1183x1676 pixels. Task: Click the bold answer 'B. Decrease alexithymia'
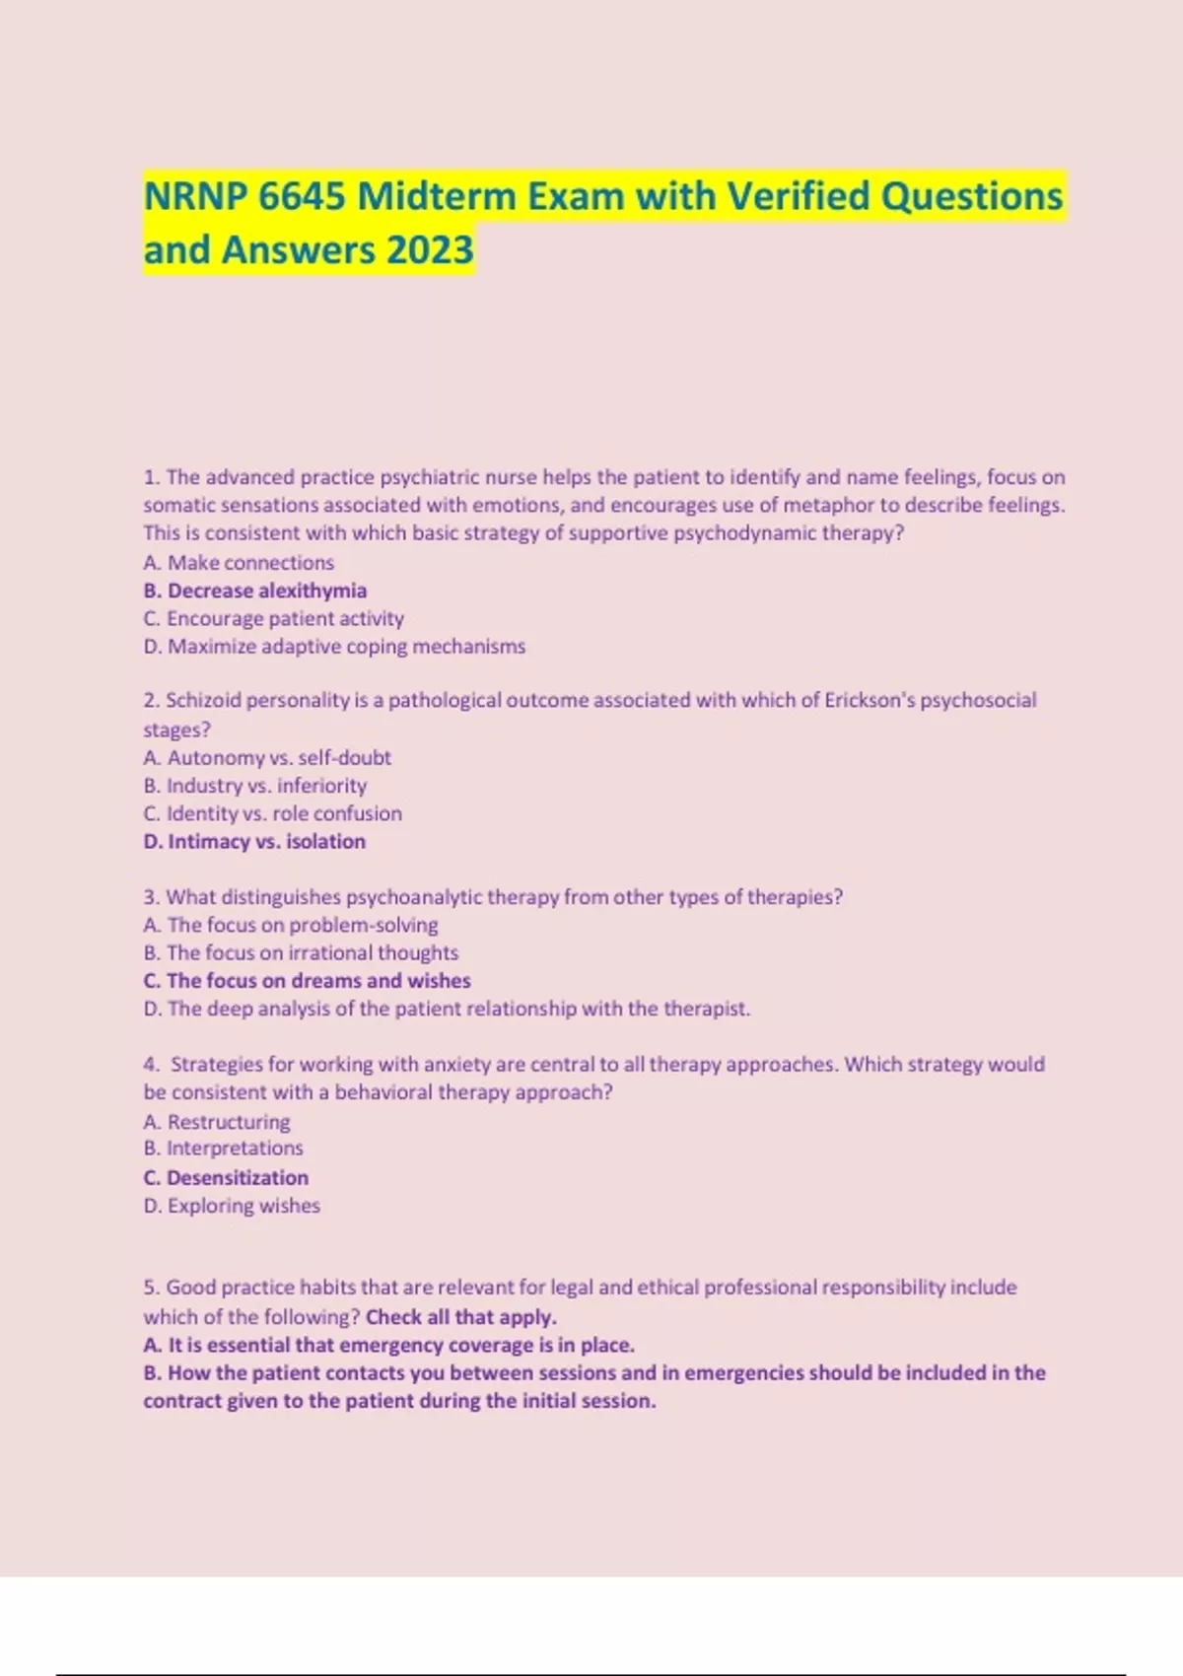pyautogui.click(x=254, y=591)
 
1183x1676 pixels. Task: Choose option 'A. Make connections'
pyautogui.click(x=239, y=563)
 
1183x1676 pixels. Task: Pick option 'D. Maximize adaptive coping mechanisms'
pyautogui.click(x=334, y=647)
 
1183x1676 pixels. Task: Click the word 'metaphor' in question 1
pyautogui.click(x=827, y=505)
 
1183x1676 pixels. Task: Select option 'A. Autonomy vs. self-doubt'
pyautogui.click(x=267, y=757)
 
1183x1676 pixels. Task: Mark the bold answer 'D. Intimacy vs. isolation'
pyautogui.click(x=254, y=841)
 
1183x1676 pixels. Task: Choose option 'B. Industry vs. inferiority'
pyautogui.click(x=254, y=786)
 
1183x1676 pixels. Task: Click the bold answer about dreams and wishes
pyautogui.click(x=307, y=981)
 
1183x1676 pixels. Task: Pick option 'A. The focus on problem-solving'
pyautogui.click(x=291, y=925)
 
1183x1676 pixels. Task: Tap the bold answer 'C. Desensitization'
pyautogui.click(x=226, y=1177)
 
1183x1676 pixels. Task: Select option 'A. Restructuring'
pyautogui.click(x=217, y=1122)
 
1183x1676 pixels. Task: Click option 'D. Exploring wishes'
pyautogui.click(x=232, y=1206)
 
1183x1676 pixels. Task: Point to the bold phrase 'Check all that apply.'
pyautogui.click(x=461, y=1317)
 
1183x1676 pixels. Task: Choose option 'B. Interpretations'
pyautogui.click(x=223, y=1149)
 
